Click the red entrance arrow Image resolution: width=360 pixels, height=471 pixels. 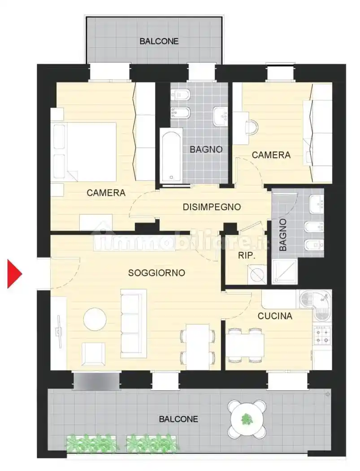point(14,274)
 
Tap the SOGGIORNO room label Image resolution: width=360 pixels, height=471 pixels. point(156,273)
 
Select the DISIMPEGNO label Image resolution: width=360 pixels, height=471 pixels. point(212,207)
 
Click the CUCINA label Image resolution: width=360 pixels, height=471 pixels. point(275,316)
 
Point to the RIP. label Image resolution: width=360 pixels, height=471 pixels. point(247,256)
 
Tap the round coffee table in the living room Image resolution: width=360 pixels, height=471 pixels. point(95,319)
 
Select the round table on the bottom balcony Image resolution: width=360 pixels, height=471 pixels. point(247,419)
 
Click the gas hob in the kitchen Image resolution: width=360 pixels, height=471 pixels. point(322,336)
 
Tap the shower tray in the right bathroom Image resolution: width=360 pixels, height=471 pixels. point(285,271)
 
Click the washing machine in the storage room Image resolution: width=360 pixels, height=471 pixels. point(256,274)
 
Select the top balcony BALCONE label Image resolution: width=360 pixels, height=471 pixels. point(159,41)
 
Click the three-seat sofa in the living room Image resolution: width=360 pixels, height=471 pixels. point(134,323)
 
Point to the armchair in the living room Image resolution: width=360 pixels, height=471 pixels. point(93,354)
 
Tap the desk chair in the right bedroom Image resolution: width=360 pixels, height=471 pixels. point(252,128)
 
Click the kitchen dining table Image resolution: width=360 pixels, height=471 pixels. point(245,345)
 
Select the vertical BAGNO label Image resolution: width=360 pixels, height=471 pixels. point(283,235)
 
